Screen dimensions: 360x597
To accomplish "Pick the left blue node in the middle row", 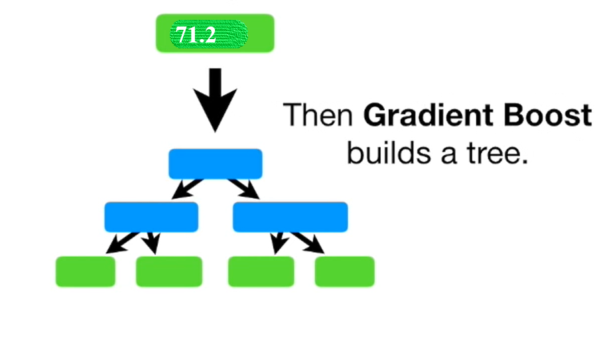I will coord(151,217).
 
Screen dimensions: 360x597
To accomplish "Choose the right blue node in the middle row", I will coord(291,217).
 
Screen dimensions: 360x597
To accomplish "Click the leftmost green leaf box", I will coord(85,271).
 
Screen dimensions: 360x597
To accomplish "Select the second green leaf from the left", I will coord(168,271).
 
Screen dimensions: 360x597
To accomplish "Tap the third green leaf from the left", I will coord(261,271).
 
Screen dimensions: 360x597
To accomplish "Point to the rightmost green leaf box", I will coord(344,271).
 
